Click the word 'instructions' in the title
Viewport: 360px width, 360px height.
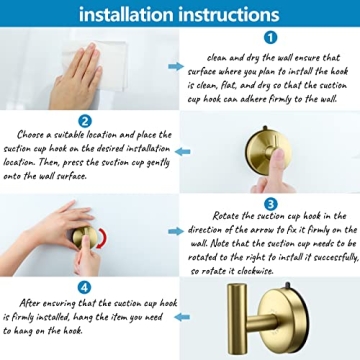point(232,14)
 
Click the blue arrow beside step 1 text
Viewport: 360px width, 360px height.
point(175,67)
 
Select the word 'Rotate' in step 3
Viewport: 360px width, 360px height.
point(230,215)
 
